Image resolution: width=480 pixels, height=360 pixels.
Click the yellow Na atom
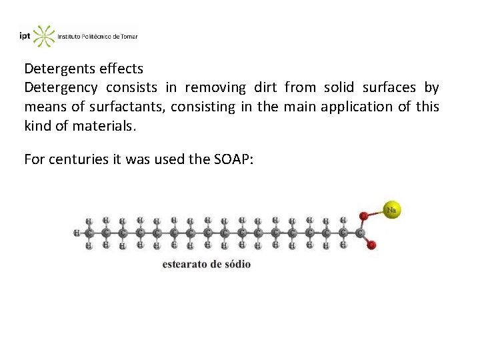click(x=391, y=210)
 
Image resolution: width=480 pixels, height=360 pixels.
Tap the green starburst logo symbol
click(x=44, y=36)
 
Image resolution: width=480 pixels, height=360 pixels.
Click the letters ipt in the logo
click(x=25, y=37)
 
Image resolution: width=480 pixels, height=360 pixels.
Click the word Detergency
click(x=61, y=88)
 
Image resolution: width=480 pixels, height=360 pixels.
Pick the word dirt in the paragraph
click(x=264, y=88)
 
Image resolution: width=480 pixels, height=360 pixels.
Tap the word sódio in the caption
click(x=237, y=264)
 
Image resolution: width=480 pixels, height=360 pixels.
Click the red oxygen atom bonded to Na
click(x=363, y=216)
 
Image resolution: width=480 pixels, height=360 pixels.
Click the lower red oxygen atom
click(x=372, y=245)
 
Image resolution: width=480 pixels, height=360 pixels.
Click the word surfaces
click(x=389, y=88)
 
